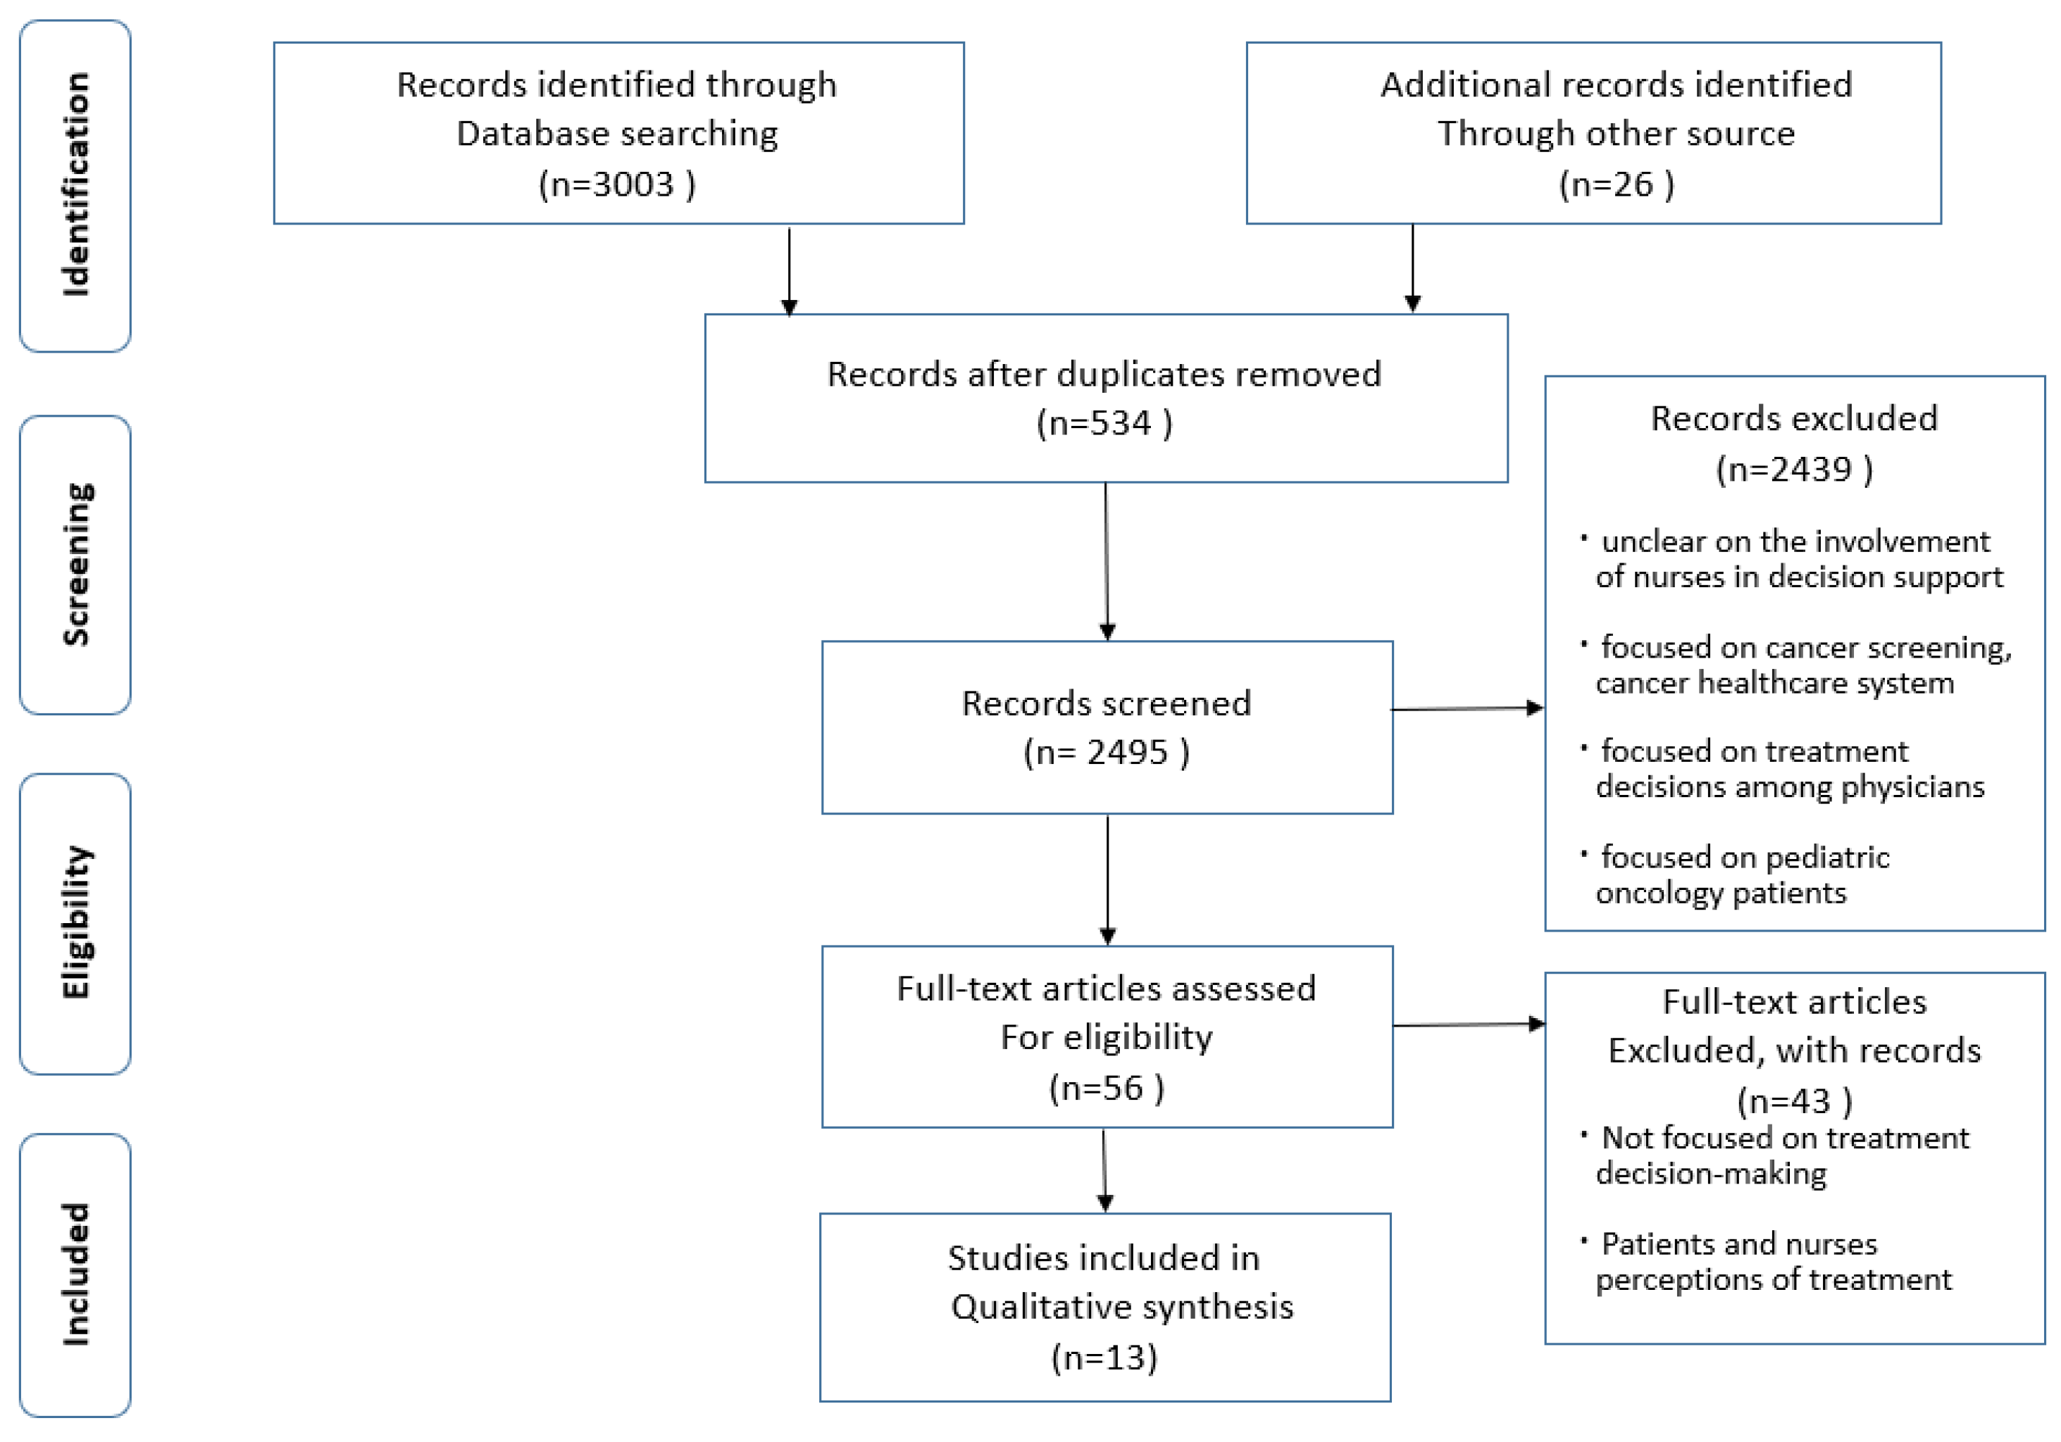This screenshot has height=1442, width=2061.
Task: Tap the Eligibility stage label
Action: (76, 922)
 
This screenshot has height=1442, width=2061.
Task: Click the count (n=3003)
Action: (617, 184)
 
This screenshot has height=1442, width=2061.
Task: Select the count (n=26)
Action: (1615, 184)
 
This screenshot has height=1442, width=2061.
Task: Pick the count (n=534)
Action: (1104, 422)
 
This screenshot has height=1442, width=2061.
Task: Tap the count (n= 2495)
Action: (1106, 752)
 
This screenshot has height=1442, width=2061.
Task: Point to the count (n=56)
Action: (1106, 1088)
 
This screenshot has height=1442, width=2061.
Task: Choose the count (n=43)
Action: (1793, 1100)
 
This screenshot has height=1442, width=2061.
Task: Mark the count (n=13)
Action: (1104, 1357)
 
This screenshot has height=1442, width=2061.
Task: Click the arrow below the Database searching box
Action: (789, 269)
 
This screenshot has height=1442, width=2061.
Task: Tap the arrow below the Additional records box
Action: (1412, 267)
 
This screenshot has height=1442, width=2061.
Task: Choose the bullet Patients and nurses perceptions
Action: (1773, 1261)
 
